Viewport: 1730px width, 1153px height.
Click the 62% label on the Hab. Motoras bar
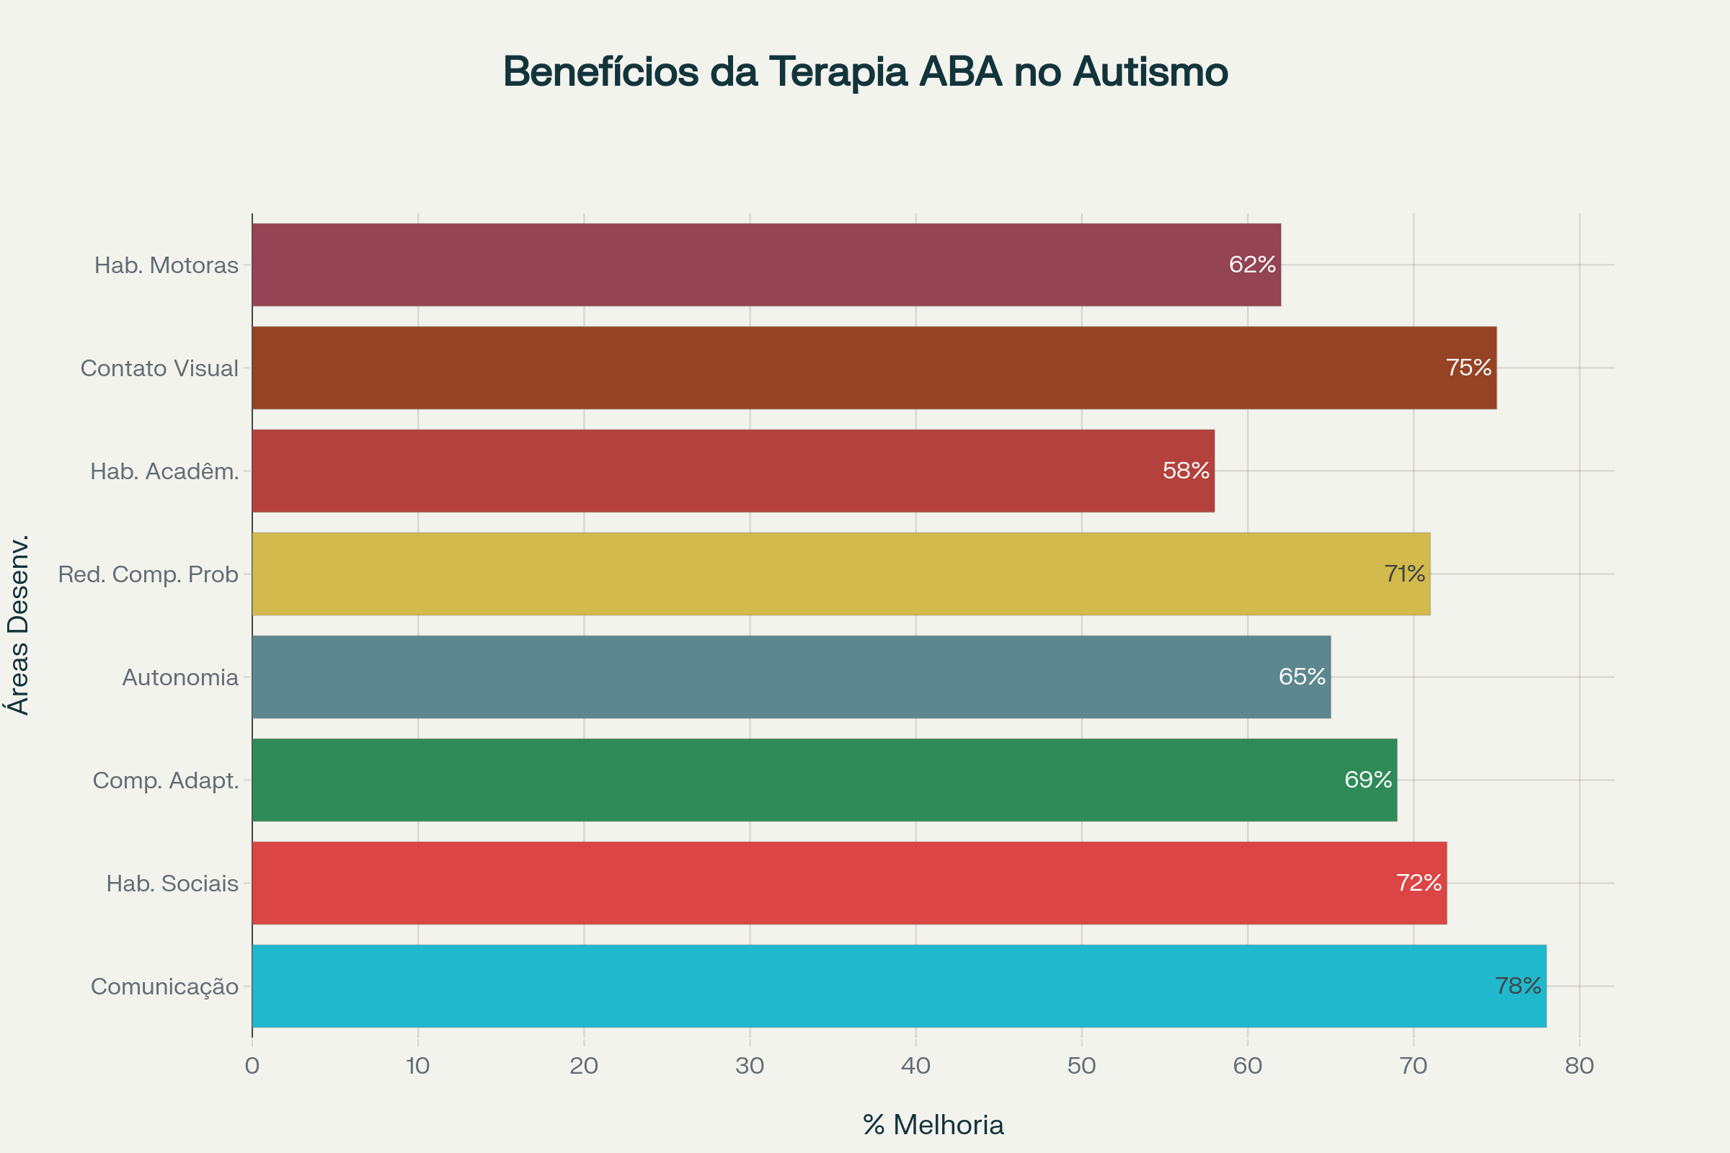(x=1252, y=264)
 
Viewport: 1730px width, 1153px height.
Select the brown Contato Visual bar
(x=874, y=368)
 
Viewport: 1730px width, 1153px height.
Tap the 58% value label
(x=1186, y=471)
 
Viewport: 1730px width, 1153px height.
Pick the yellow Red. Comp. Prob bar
(x=840, y=574)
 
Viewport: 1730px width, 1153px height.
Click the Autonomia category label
(x=180, y=677)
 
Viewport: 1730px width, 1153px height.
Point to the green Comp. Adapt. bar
(x=824, y=780)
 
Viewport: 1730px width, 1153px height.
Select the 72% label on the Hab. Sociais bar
(x=1419, y=882)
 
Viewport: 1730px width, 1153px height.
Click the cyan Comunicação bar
(x=899, y=986)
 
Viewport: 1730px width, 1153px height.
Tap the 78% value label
(x=1518, y=985)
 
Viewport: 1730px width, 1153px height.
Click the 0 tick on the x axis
(x=252, y=1066)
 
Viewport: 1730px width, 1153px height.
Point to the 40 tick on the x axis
(x=915, y=1066)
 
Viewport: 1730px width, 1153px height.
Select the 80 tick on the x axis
(x=1579, y=1066)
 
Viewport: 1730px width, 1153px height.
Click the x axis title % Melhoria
(x=933, y=1125)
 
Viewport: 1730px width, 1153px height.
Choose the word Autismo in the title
(x=1150, y=72)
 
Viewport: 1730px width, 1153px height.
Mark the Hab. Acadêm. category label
(x=165, y=471)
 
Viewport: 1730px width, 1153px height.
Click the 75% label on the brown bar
(x=1468, y=368)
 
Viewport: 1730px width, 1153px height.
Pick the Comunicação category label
(x=165, y=987)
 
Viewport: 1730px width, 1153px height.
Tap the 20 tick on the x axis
(x=584, y=1066)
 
